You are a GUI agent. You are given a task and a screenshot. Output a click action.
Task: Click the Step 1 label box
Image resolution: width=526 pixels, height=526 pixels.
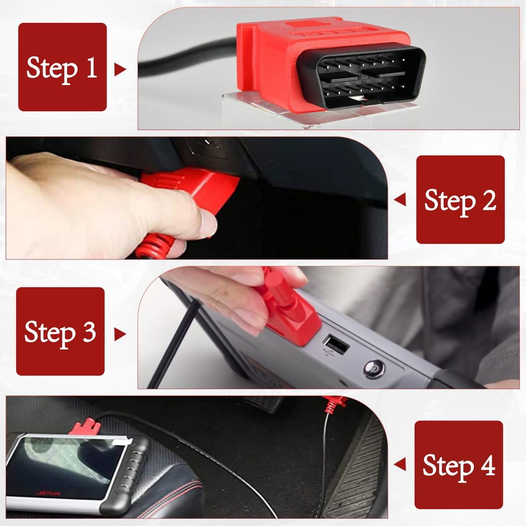[62, 67]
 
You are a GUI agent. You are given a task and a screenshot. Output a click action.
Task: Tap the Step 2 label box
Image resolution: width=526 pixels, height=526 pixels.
[460, 199]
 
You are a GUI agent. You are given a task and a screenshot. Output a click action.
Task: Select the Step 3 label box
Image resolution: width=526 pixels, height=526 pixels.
[60, 331]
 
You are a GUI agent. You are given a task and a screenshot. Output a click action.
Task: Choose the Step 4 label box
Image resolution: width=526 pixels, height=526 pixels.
[458, 465]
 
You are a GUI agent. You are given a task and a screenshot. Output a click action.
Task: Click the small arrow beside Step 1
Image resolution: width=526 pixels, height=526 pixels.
[119, 69]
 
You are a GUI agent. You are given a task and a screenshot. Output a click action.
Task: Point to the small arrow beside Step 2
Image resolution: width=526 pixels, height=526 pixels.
[400, 200]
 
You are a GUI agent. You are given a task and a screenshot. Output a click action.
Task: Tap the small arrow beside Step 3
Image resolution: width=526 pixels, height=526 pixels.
[119, 334]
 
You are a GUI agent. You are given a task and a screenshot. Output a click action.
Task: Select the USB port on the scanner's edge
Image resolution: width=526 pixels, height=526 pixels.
[336, 340]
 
